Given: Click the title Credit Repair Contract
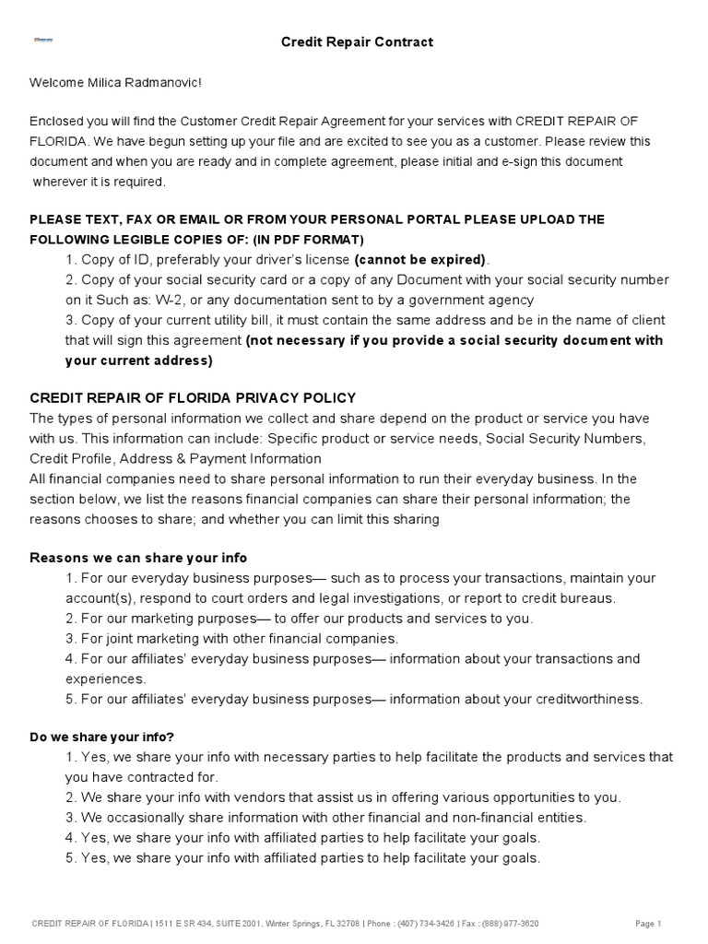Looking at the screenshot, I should pos(343,41).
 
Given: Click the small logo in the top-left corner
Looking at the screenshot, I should pos(43,41).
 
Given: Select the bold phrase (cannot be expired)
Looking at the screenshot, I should pos(420,259).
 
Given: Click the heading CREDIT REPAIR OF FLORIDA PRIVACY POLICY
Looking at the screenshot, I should pos(193,397).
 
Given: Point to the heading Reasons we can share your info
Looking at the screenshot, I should pos(138,558).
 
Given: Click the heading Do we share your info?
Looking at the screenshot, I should pos(101,737).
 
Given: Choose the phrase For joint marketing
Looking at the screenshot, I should pos(126,638).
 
